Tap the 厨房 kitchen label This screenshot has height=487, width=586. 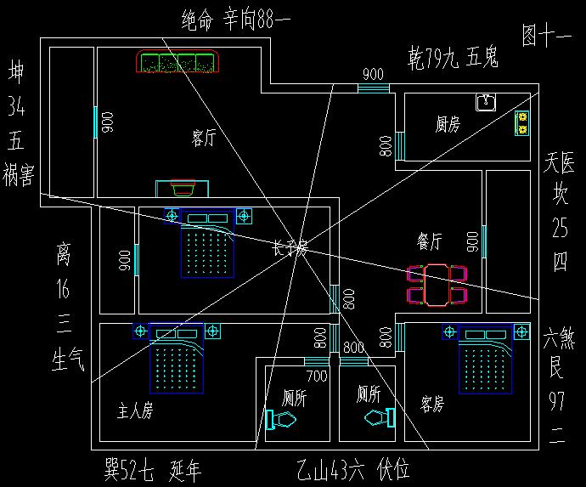(x=448, y=125)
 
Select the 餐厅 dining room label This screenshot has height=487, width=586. (x=430, y=241)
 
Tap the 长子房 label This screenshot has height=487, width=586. (x=290, y=248)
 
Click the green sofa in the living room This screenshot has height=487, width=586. (x=178, y=62)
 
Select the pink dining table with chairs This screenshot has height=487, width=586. (x=437, y=284)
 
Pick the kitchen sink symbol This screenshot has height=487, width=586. (x=486, y=102)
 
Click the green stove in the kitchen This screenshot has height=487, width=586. (x=521, y=125)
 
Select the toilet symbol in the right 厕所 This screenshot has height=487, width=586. (x=380, y=417)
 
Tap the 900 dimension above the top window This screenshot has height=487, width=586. (x=372, y=73)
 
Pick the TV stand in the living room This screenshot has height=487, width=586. (x=178, y=189)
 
